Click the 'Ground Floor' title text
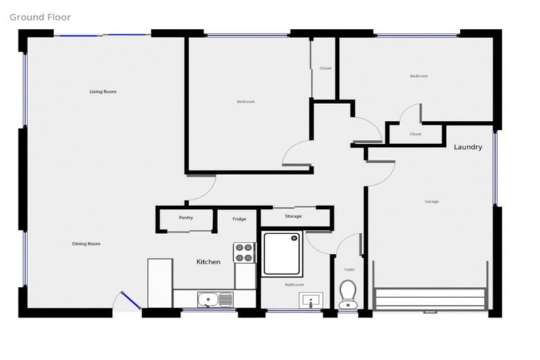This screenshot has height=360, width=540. (x=41, y=17)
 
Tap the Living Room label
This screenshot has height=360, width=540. (x=103, y=91)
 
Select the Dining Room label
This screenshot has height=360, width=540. (x=86, y=244)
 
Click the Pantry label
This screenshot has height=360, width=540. (x=186, y=218)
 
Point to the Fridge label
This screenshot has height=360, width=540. (x=239, y=219)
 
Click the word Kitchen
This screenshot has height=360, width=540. (x=208, y=262)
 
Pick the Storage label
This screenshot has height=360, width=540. (x=293, y=217)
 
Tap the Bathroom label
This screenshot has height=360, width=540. (x=294, y=285)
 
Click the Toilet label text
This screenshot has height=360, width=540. (x=349, y=270)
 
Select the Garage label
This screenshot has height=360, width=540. (x=432, y=202)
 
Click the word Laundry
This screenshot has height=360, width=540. (x=468, y=148)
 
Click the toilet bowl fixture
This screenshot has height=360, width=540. (x=348, y=295)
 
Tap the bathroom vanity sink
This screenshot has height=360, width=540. (x=311, y=302)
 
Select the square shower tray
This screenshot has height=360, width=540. (x=282, y=254)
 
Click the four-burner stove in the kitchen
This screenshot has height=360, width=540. (x=244, y=252)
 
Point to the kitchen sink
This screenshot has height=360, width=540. (x=215, y=300)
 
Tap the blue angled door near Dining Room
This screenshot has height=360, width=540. (x=129, y=302)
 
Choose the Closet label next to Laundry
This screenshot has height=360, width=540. (x=416, y=134)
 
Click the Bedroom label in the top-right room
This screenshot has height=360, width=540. (x=418, y=76)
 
